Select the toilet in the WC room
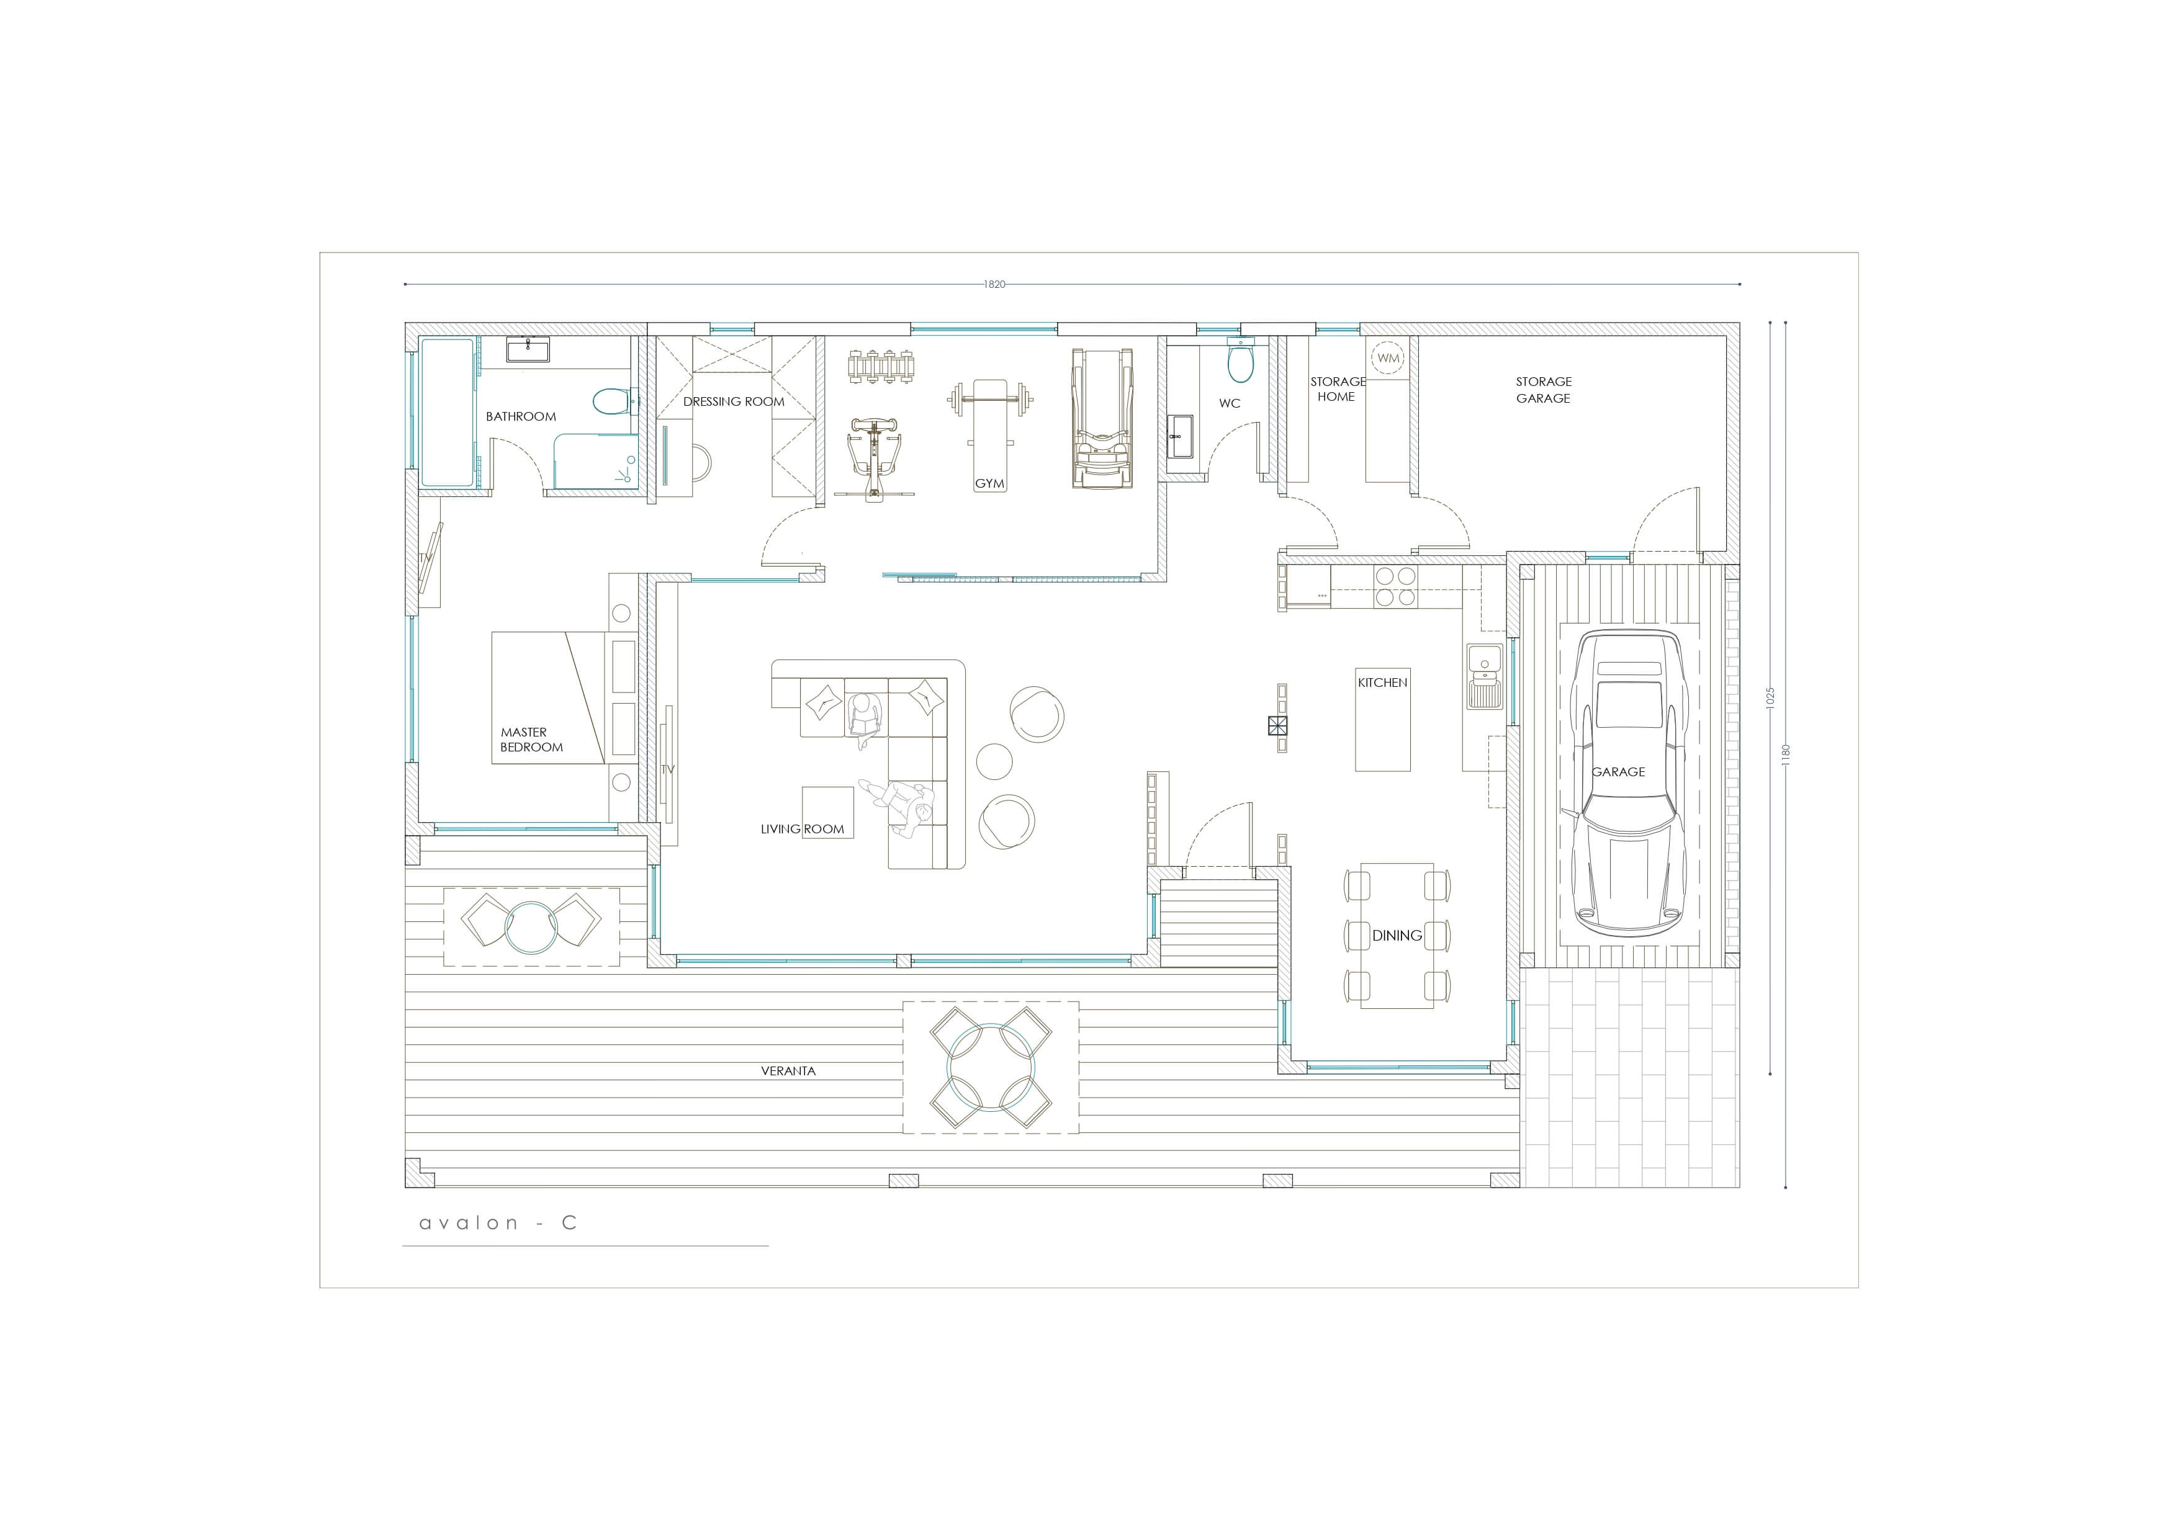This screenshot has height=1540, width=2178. point(1240,361)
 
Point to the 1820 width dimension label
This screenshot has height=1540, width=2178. point(994,284)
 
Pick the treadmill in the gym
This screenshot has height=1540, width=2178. point(1101,418)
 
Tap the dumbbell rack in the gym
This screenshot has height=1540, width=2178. point(883,366)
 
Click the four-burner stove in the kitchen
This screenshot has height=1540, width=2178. point(1395,586)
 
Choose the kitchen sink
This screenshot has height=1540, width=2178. point(1485,676)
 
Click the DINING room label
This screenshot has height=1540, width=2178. point(1397,935)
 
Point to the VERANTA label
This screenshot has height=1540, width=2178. point(788,1070)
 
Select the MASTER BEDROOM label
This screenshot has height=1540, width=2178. point(531,740)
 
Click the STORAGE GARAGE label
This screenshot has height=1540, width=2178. point(1544,390)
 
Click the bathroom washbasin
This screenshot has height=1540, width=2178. point(528,350)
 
